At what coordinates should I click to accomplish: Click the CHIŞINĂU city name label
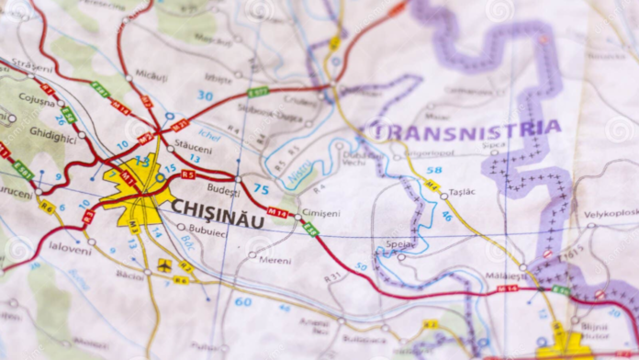(x=218, y=208)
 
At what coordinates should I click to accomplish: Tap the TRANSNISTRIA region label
(x=466, y=130)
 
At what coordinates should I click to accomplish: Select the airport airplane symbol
(x=164, y=264)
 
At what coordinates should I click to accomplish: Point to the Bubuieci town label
(x=207, y=231)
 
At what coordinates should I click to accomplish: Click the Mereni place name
(x=275, y=259)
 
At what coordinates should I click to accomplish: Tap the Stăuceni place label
(x=193, y=146)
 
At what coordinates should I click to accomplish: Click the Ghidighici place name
(x=52, y=132)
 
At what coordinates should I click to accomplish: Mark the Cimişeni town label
(x=320, y=213)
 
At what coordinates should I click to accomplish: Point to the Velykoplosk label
(x=611, y=213)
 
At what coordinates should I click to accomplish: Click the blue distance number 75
(x=262, y=189)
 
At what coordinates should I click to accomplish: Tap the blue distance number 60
(x=242, y=301)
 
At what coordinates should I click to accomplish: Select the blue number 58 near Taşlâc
(x=433, y=170)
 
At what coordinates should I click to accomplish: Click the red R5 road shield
(x=188, y=174)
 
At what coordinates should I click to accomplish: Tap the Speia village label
(x=400, y=245)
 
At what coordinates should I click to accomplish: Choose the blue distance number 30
(x=205, y=96)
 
